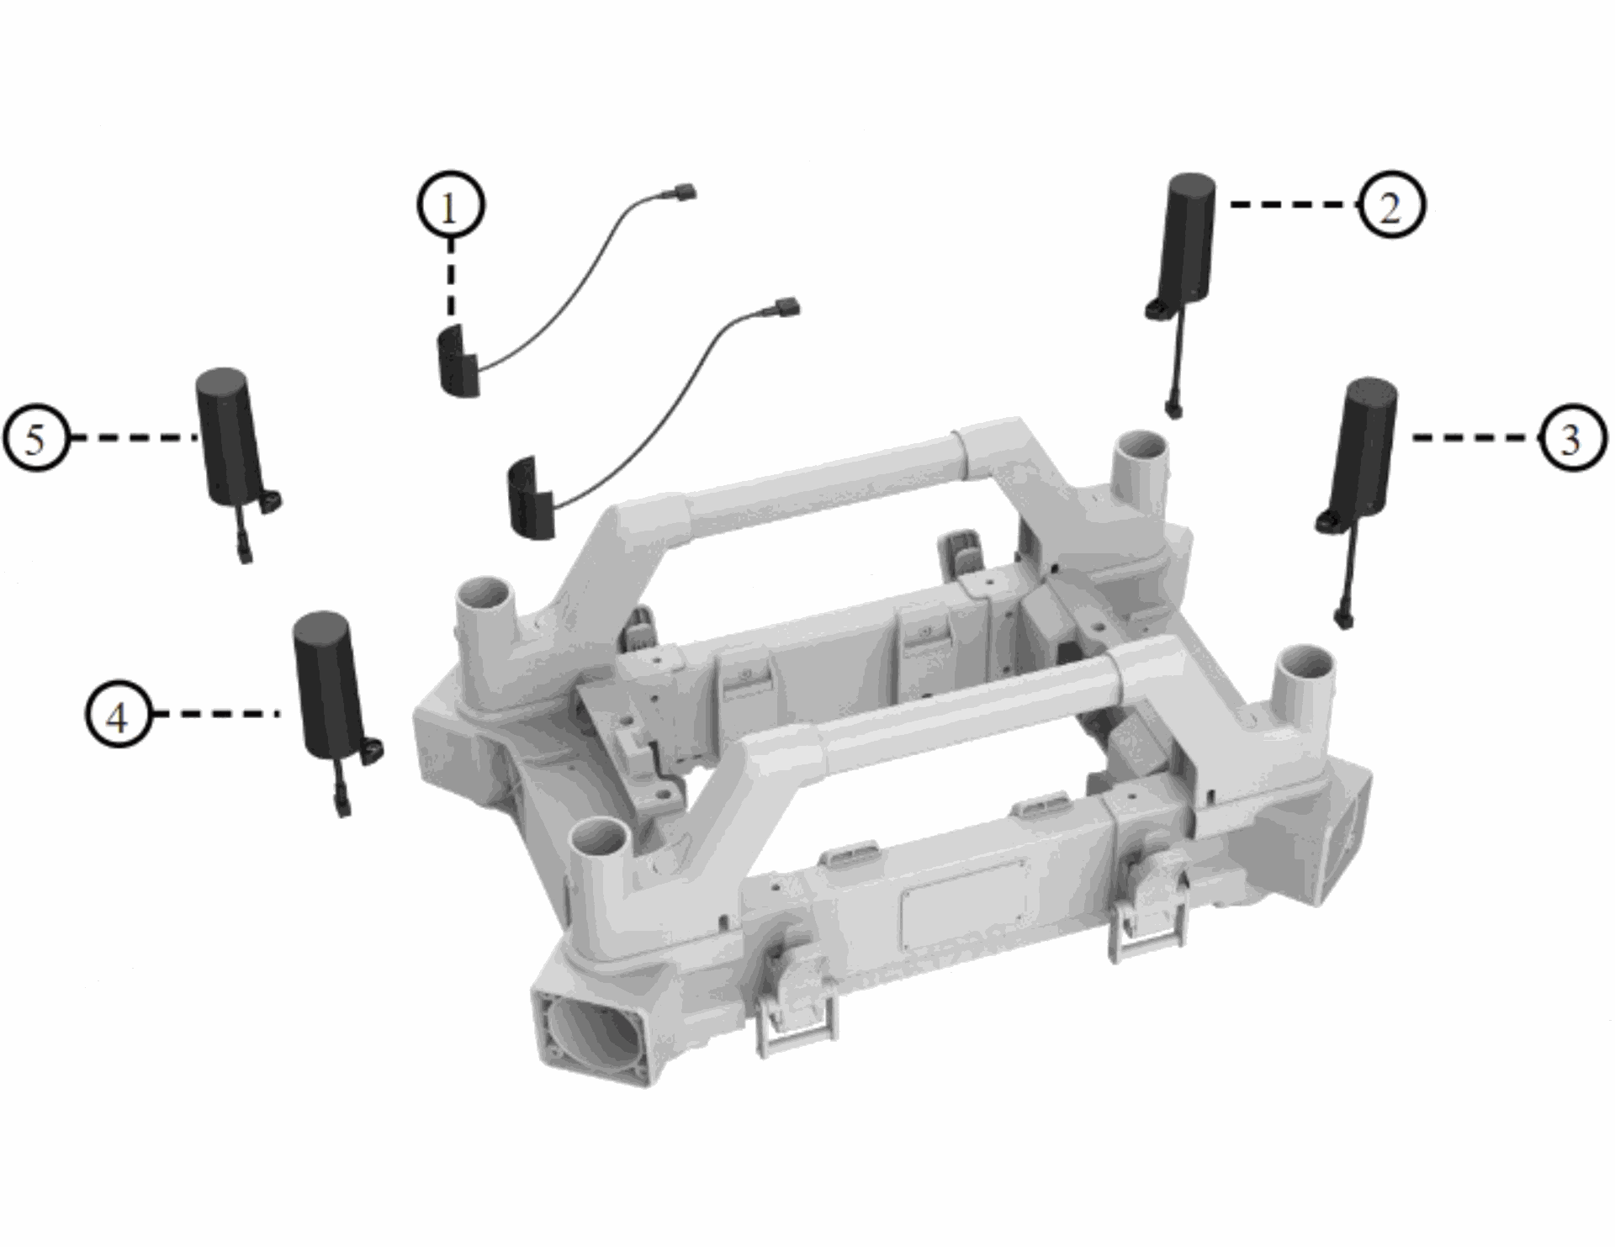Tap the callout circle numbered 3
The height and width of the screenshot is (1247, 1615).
click(x=1571, y=438)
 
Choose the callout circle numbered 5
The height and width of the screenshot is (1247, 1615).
click(x=36, y=438)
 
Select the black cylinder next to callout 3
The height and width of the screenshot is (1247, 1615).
click(x=1365, y=446)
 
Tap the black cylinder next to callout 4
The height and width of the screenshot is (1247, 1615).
click(x=326, y=683)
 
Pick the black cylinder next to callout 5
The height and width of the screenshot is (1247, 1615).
click(x=230, y=437)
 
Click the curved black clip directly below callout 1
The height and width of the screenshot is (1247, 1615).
click(x=458, y=359)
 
